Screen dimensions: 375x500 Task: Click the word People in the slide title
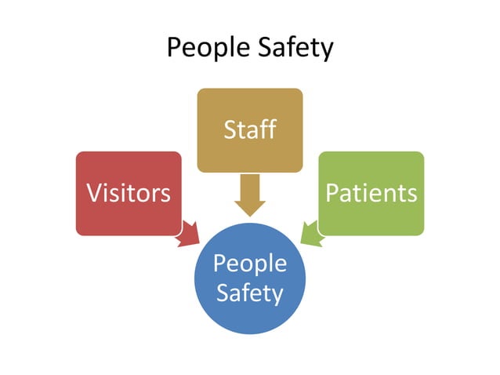click(205, 48)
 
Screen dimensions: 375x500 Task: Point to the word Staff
click(249, 129)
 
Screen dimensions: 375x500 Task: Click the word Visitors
click(129, 193)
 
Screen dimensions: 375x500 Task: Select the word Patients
click(371, 193)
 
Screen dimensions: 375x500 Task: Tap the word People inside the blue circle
click(249, 264)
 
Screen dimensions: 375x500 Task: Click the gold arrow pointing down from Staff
click(249, 194)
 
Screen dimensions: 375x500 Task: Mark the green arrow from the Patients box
click(310, 234)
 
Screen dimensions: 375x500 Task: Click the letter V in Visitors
click(93, 193)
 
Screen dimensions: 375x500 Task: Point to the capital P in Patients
click(332, 193)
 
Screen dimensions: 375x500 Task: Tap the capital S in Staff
click(230, 129)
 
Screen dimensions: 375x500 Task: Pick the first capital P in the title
click(174, 48)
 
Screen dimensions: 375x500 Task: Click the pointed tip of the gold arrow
click(250, 216)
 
